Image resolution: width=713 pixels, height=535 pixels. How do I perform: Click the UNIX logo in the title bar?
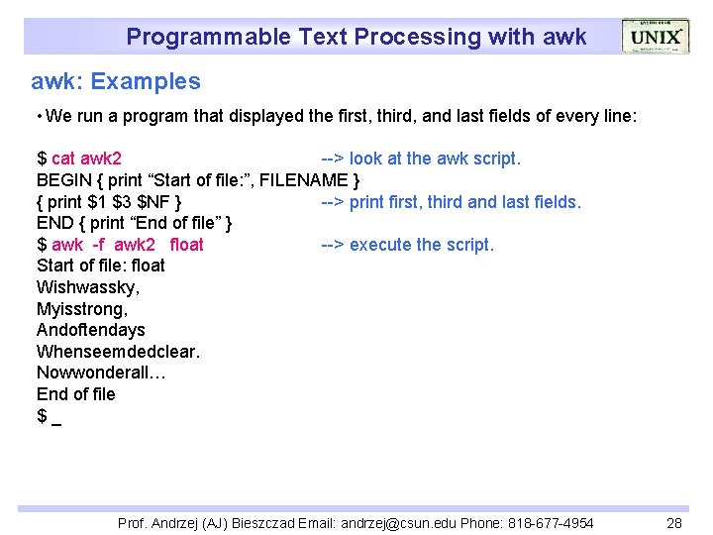[x=656, y=37]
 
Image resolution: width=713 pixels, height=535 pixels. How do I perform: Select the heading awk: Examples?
[x=116, y=82]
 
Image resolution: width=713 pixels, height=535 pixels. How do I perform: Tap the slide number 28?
[x=674, y=522]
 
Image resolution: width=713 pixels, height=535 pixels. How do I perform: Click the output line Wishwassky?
[x=88, y=287]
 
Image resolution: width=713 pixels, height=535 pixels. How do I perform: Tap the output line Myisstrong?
[x=82, y=309]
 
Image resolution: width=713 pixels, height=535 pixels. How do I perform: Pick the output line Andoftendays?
[x=91, y=330]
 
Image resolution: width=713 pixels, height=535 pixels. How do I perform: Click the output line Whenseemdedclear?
[x=118, y=352]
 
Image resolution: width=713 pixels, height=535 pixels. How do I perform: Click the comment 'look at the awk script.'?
[x=435, y=159]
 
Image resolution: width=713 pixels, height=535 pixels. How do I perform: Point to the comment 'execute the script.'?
[x=421, y=245]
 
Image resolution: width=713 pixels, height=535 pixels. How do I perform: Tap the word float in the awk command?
[x=187, y=245]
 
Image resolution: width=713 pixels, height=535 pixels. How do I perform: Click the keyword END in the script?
[x=53, y=223]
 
